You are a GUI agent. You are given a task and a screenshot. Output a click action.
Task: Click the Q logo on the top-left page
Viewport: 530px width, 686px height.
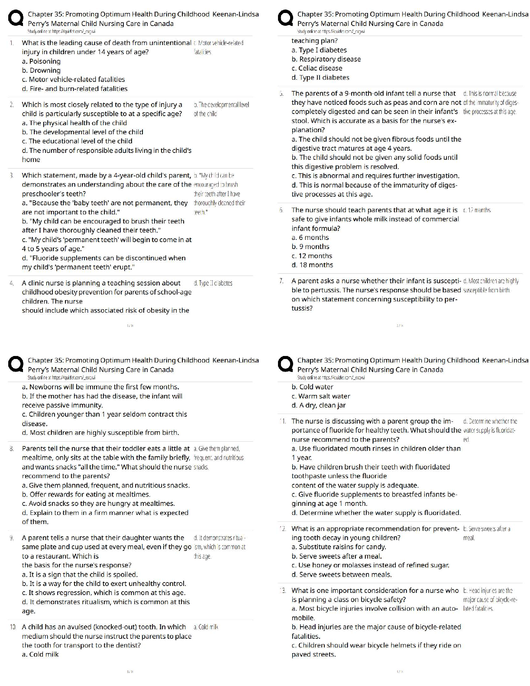(16, 19)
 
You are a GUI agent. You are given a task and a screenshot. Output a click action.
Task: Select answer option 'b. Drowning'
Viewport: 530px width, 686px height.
(41, 70)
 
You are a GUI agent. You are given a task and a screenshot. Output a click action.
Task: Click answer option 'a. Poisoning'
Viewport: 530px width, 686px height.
(41, 61)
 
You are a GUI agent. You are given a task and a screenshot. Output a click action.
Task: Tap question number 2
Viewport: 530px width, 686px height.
(12, 104)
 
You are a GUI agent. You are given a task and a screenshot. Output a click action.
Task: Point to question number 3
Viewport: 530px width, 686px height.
(12, 175)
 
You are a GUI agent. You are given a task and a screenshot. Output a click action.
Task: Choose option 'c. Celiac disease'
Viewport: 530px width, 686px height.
(317, 68)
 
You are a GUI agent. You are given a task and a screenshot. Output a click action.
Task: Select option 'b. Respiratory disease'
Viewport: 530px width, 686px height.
(326, 59)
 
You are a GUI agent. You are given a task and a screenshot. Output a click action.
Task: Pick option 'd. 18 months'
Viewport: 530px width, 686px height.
(312, 265)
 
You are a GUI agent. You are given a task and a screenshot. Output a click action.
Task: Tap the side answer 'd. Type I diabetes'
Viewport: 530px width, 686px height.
(213, 283)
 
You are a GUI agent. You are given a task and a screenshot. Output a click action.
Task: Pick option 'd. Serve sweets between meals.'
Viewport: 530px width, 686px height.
(341, 574)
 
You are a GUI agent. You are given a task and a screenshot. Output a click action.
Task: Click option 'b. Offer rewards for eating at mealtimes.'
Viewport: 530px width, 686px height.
(86, 494)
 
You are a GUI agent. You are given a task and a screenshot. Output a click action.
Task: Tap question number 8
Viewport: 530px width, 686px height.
(12, 449)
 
